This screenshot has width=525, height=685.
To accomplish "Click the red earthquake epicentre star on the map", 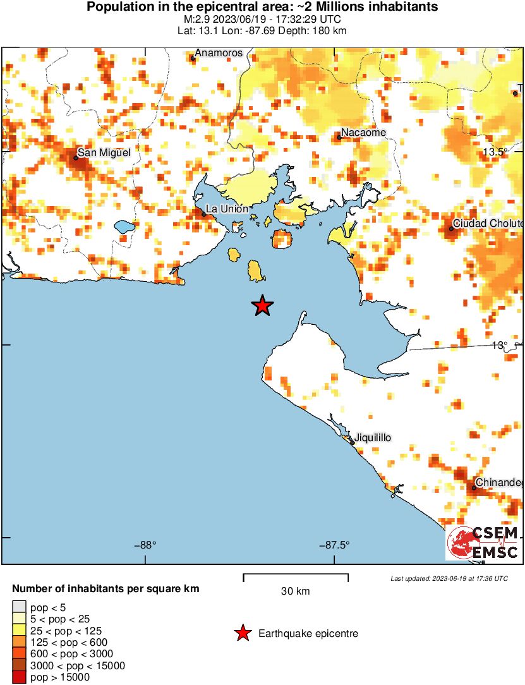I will click(x=262, y=306).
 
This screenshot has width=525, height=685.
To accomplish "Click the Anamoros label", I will click(x=219, y=53).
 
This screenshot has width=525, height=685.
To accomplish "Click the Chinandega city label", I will click(x=499, y=483).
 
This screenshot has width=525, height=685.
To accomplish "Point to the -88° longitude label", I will click(x=146, y=545).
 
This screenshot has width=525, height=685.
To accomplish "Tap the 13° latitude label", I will click(x=500, y=345).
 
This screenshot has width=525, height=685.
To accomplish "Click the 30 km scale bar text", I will click(x=295, y=591).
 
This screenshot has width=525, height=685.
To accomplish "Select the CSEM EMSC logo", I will click(x=483, y=542).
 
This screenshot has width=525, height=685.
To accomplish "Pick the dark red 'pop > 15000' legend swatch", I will click(x=20, y=677).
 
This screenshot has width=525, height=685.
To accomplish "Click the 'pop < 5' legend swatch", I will click(x=20, y=608).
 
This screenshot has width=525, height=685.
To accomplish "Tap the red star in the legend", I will click(x=242, y=633).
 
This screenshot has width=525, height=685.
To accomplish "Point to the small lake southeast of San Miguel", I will click(x=123, y=226).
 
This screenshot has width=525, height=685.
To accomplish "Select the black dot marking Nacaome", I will click(x=339, y=137).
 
